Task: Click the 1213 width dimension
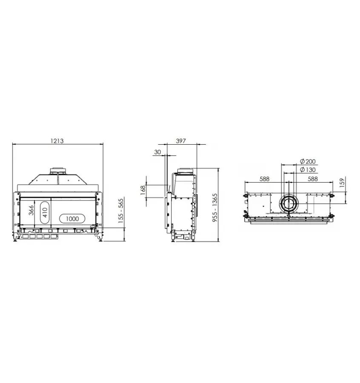[x=57, y=141]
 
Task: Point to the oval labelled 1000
[x=73, y=219]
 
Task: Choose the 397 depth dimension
[x=181, y=141]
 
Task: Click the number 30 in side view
[x=157, y=152]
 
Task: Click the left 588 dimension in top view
[x=264, y=179]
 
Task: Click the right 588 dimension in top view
[x=313, y=179]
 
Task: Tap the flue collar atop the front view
[x=58, y=170]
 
